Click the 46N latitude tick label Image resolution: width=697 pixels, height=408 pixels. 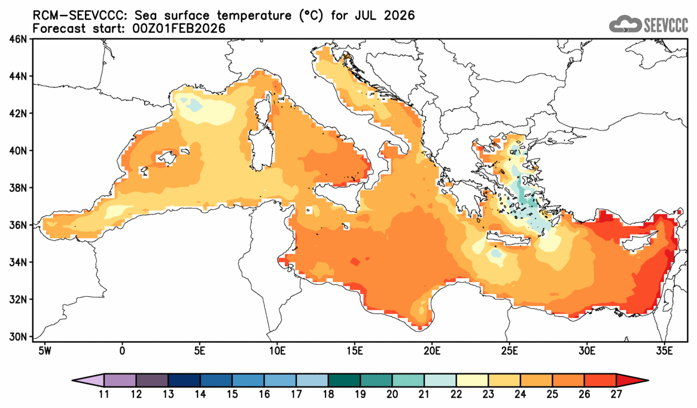coord(19,39)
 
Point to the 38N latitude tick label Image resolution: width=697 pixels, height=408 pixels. coord(19,188)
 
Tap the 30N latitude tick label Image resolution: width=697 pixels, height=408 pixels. coord(19,336)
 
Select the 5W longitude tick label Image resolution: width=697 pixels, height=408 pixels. coord(44,349)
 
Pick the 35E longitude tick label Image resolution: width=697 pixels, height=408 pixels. coord(663,349)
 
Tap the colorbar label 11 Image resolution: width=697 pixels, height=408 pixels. coord(104,394)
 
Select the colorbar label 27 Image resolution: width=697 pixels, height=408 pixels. coord(616,394)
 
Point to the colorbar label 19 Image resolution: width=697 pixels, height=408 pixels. coord(360,394)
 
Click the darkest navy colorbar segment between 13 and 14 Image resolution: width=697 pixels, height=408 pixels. coord(184,380)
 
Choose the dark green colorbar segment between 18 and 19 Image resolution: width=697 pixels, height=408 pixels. coord(344,380)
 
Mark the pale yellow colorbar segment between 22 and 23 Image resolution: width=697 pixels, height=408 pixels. coord(472,380)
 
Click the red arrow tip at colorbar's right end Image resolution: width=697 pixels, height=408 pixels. coord(640,380)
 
